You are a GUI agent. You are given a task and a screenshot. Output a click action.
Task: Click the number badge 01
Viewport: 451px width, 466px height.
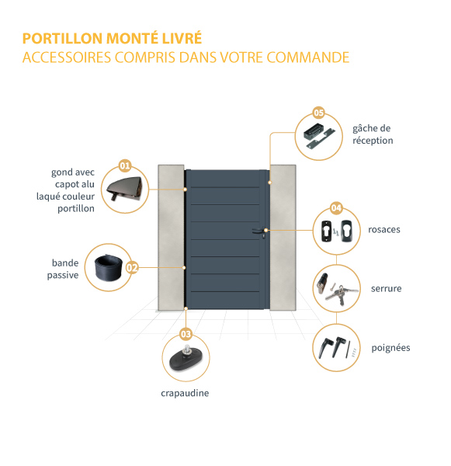(x=125, y=165)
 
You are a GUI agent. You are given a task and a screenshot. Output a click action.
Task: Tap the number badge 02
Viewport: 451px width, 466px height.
(x=132, y=268)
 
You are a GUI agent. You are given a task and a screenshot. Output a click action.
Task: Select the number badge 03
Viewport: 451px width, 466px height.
(x=186, y=334)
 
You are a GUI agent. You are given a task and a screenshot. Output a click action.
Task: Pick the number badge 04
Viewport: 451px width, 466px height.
(x=336, y=207)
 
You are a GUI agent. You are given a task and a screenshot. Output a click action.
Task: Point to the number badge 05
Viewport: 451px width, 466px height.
(x=318, y=113)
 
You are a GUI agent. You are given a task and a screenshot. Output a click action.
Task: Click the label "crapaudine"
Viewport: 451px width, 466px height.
(x=185, y=393)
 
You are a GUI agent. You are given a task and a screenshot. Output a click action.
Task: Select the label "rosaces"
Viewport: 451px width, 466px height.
(x=384, y=229)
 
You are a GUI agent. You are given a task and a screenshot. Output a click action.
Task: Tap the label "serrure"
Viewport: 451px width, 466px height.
(x=387, y=288)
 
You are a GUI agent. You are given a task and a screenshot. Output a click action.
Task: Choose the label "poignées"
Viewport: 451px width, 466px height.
(x=390, y=348)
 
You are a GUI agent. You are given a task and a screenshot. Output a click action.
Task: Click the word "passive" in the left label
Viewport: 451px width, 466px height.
(x=63, y=276)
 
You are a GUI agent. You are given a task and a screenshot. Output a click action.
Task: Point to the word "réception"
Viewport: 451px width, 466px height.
(x=373, y=141)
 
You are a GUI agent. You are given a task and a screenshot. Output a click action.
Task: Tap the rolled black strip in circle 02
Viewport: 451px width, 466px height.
(x=109, y=267)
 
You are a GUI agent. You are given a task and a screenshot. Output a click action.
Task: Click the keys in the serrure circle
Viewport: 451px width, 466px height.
(x=342, y=294)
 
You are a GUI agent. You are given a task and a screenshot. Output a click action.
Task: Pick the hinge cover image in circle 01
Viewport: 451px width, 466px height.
(x=124, y=189)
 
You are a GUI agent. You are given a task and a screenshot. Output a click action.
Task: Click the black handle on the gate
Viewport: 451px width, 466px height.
(x=258, y=231)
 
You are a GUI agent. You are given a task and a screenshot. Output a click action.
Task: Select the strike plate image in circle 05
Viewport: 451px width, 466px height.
(x=319, y=135)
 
